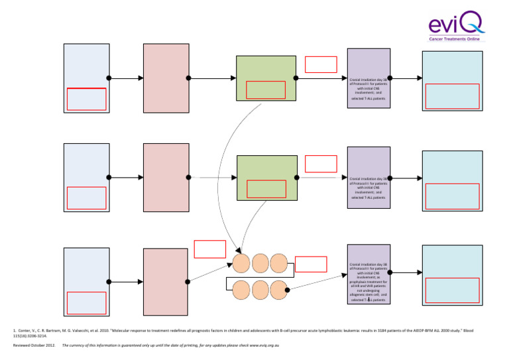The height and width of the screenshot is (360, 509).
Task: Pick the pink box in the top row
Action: click(166, 78)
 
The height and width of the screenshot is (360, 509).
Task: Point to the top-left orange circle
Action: click(241, 263)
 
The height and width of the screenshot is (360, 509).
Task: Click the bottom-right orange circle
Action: click(278, 289)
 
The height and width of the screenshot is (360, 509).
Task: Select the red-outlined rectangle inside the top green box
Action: click(266, 90)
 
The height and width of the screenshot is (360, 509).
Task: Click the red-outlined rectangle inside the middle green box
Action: click(266, 189)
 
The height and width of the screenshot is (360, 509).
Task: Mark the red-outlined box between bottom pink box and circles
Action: click(209, 249)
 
